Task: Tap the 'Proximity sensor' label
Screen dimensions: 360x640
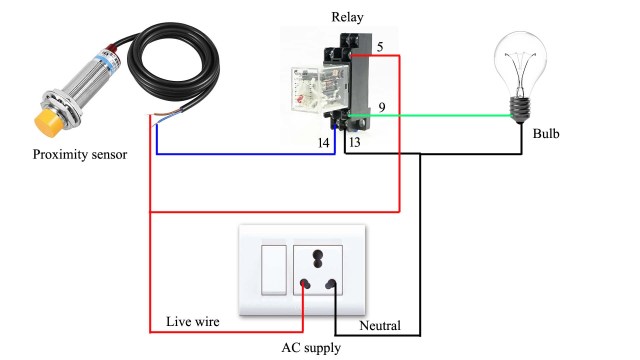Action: [80, 155]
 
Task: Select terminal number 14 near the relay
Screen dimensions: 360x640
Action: [323, 144]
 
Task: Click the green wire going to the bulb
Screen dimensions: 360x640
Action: [450, 116]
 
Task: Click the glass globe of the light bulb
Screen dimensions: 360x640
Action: [521, 62]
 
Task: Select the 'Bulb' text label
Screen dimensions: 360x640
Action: [546, 132]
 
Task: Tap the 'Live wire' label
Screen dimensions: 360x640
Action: [192, 322]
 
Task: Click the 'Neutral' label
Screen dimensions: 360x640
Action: [379, 326]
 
